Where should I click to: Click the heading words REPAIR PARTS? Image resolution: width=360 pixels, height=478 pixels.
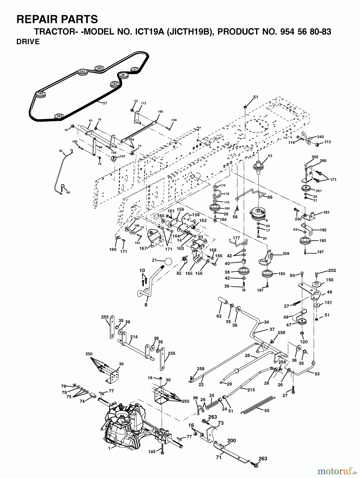point(57,19)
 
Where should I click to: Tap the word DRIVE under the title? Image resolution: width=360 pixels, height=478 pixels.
point(28,42)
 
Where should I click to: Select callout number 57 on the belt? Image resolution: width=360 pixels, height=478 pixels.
point(105,103)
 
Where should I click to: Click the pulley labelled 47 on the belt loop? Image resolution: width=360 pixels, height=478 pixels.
point(135,70)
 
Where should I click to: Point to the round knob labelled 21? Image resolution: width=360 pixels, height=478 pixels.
point(168,261)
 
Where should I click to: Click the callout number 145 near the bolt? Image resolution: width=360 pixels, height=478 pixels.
point(152,451)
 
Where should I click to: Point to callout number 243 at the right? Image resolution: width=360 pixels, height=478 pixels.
point(320,137)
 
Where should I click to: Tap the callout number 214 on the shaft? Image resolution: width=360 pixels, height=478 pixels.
point(134,337)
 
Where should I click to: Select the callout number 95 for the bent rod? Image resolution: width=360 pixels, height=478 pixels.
point(61,151)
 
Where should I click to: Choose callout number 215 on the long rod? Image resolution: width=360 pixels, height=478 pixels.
point(251,390)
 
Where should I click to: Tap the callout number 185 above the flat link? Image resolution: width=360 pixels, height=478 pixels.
point(160,112)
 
